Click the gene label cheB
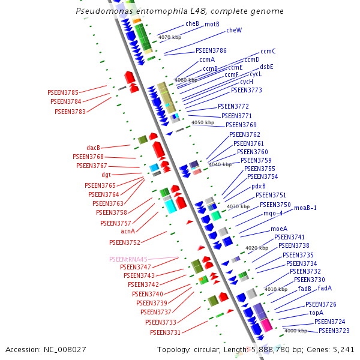click(x=192, y=23)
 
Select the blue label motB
click(x=212, y=24)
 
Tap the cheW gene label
click(x=234, y=30)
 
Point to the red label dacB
click(x=93, y=148)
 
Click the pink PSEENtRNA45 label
click(x=128, y=259)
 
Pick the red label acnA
click(x=127, y=231)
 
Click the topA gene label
click(x=316, y=313)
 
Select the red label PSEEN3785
click(x=63, y=92)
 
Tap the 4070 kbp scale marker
click(x=169, y=37)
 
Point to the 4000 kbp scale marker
click(x=295, y=331)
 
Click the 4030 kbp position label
click(x=238, y=207)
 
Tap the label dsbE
click(x=266, y=67)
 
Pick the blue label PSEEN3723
click(x=334, y=331)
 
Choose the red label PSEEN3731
click(x=165, y=332)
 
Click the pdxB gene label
click(x=259, y=186)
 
